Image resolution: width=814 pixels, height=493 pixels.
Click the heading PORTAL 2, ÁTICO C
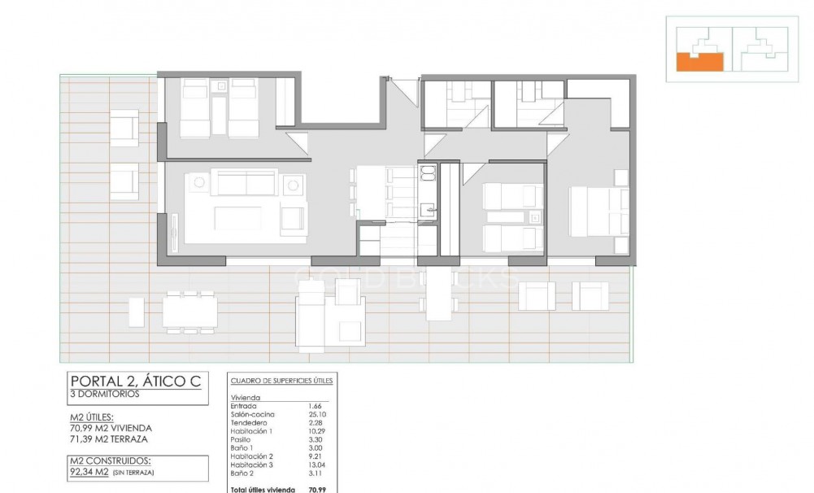tap(134, 381)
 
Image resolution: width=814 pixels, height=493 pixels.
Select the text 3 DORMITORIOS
tap(105, 394)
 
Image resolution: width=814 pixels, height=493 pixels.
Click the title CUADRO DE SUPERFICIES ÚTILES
tap(281, 381)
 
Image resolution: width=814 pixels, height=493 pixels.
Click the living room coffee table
tap(237, 218)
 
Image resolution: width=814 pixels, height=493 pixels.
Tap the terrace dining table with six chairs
tap(189, 312)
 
